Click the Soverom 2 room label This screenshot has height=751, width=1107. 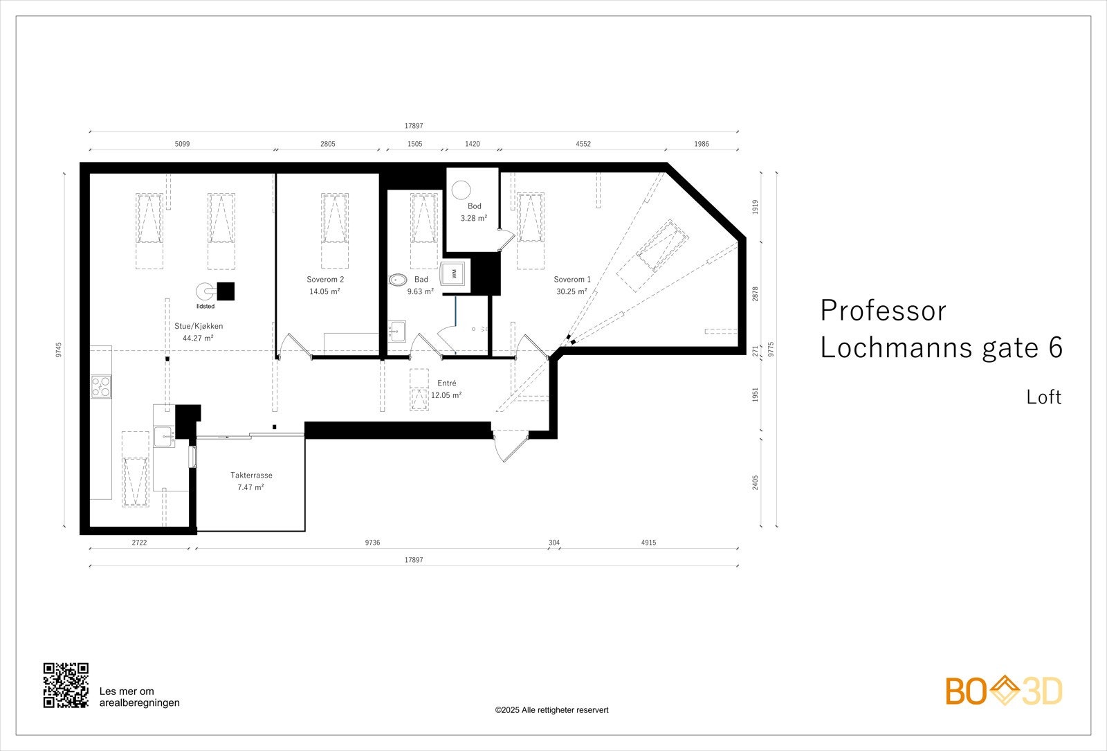(325, 280)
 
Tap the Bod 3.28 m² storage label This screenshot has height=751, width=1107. (474, 212)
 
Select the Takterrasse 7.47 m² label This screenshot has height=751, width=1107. (251, 481)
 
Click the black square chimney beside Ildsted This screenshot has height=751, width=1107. (226, 291)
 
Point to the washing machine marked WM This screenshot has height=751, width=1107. (455, 273)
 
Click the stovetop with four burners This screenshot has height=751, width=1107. (101, 386)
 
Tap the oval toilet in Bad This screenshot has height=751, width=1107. (397, 280)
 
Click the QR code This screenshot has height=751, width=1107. (66, 685)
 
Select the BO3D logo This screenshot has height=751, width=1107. (1003, 691)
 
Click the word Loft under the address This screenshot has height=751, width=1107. (1043, 397)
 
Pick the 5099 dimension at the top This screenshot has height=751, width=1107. (182, 144)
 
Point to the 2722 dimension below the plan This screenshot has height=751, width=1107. (139, 543)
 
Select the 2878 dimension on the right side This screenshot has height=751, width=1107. (756, 293)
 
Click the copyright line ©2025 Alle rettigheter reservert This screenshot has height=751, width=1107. (551, 710)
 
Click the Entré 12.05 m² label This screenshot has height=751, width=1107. (446, 389)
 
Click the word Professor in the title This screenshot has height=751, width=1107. (883, 311)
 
